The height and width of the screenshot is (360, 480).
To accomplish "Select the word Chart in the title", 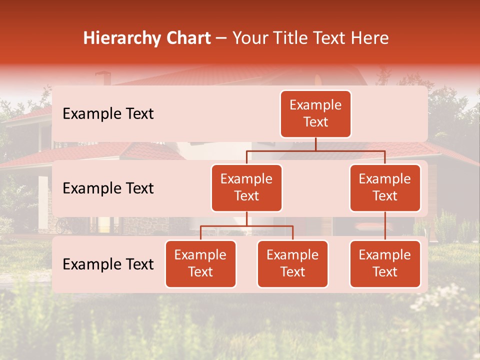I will [x=188, y=38].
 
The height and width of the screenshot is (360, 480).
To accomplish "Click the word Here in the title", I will [x=369, y=38].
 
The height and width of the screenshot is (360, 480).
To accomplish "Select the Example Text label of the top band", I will [x=108, y=114].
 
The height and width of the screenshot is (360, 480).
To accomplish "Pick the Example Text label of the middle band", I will [x=108, y=188].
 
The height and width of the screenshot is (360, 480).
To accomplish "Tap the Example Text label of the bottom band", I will [x=108, y=264].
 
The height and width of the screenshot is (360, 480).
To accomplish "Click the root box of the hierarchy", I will [x=315, y=114].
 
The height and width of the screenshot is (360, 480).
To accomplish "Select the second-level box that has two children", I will [x=246, y=188].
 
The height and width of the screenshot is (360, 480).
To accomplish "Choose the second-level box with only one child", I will [x=385, y=188].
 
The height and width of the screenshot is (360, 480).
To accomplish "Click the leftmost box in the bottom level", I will [x=200, y=264].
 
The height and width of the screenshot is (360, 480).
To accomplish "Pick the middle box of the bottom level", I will [x=292, y=264].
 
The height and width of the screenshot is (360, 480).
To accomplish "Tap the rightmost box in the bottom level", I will [x=385, y=264].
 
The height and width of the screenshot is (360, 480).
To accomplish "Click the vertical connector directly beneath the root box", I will [x=315, y=144].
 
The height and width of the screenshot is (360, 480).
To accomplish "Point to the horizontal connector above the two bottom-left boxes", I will [x=246, y=226].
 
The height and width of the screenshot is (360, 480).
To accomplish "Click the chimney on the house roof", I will [x=103, y=78].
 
